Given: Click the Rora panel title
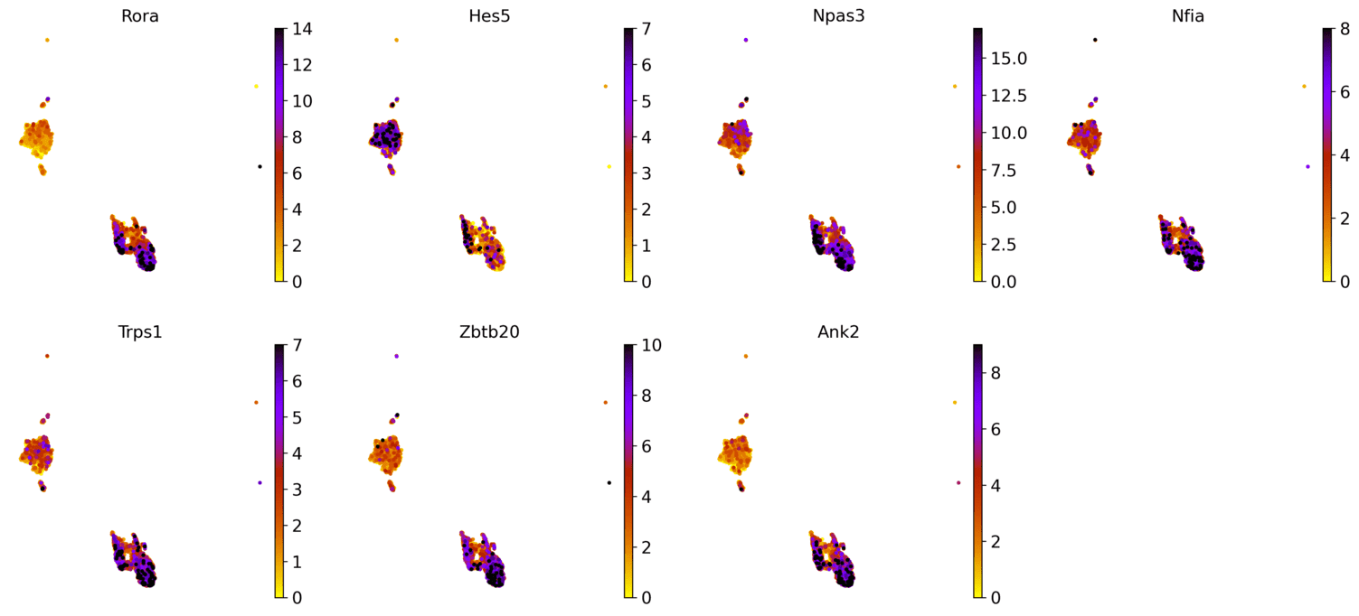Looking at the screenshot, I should [140, 14].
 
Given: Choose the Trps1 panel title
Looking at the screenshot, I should [140, 331].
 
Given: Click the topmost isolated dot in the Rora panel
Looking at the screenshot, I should [47, 40].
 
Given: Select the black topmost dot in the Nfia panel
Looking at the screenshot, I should [1095, 40].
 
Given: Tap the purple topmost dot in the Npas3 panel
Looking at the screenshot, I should [746, 40].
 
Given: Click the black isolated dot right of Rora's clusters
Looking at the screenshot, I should [260, 166].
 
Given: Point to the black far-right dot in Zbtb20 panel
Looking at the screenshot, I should [609, 482].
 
